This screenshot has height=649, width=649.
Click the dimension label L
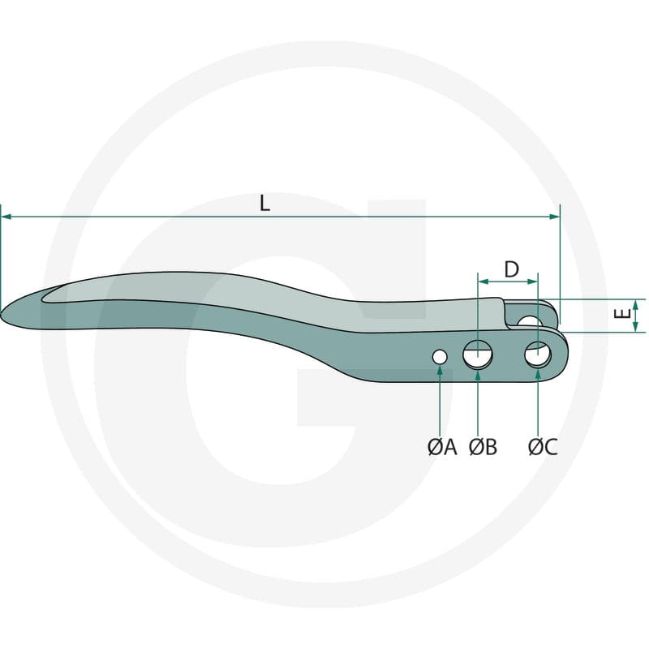(264, 204)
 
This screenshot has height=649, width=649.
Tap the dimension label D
(512, 269)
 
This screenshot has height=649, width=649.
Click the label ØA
(442, 447)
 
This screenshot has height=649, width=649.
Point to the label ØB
(483, 447)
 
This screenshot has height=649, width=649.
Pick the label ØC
(543, 447)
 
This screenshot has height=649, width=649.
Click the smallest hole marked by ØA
(440, 357)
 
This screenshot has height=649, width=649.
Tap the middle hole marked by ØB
(478, 355)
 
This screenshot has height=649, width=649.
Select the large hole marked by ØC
(538, 355)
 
